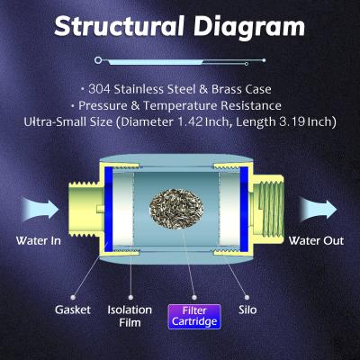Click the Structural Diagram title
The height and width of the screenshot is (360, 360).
[179, 25]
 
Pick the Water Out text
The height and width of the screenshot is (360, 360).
[312, 241]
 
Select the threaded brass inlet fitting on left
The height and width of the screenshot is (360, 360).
[82, 208]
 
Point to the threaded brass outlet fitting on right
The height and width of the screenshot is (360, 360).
[279, 208]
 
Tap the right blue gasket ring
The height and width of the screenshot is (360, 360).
[250, 208]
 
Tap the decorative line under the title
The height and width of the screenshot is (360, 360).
[179, 60]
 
